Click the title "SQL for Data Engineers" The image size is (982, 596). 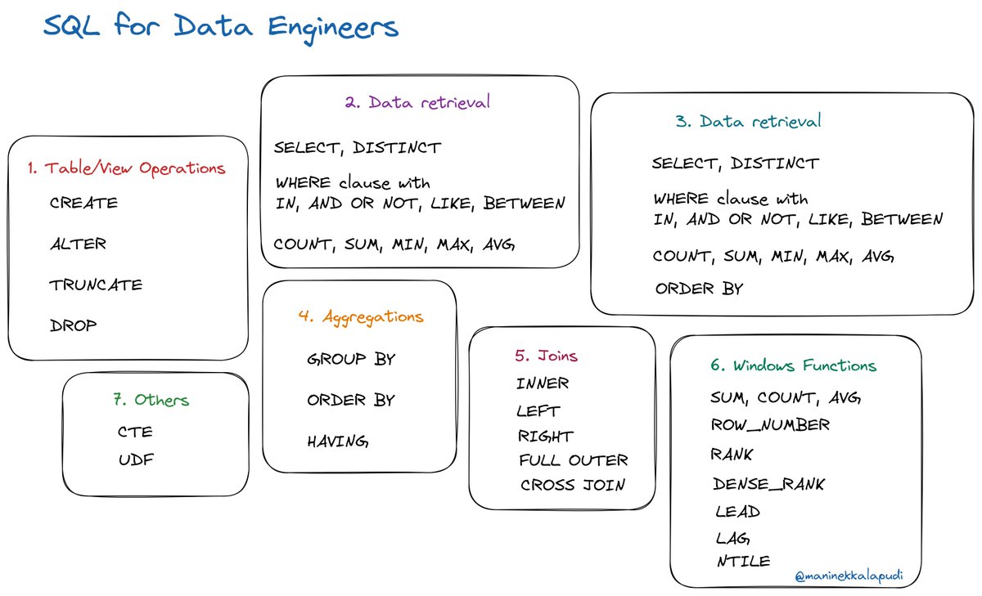(x=220, y=27)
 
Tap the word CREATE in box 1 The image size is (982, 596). (x=83, y=203)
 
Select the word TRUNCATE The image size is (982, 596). (x=96, y=285)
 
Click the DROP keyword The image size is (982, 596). (x=73, y=325)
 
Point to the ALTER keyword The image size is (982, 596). (x=78, y=244)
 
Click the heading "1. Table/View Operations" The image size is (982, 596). (x=125, y=168)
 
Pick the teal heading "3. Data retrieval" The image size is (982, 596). (x=748, y=122)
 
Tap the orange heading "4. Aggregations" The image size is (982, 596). (x=361, y=316)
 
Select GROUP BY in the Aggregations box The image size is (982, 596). (x=350, y=359)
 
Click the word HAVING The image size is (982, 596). (x=338, y=441)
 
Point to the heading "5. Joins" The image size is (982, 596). (x=546, y=356)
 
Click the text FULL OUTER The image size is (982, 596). (x=573, y=460)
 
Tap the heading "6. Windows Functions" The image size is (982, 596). (x=793, y=365)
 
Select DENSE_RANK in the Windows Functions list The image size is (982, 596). (x=768, y=484)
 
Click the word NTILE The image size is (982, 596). (x=741, y=561)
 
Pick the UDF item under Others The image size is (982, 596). (x=136, y=459)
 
